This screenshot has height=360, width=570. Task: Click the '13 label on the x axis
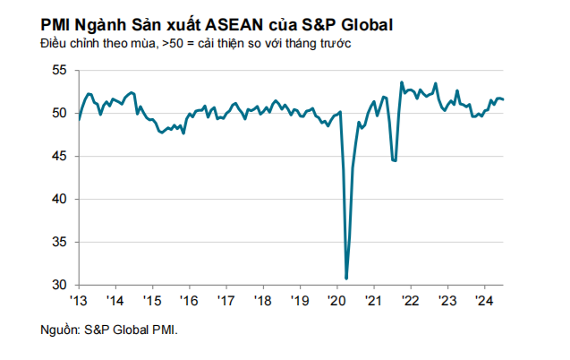click(79, 300)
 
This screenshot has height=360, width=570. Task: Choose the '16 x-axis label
click(189, 300)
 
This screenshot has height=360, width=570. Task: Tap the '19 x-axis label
click(299, 300)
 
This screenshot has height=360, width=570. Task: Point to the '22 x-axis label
click(409, 300)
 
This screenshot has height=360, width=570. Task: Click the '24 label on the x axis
click(482, 300)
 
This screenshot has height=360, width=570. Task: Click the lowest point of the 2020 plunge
click(346, 278)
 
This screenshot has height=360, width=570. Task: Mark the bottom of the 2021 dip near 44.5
click(395, 160)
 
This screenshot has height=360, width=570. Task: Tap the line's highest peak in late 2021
click(401, 82)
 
